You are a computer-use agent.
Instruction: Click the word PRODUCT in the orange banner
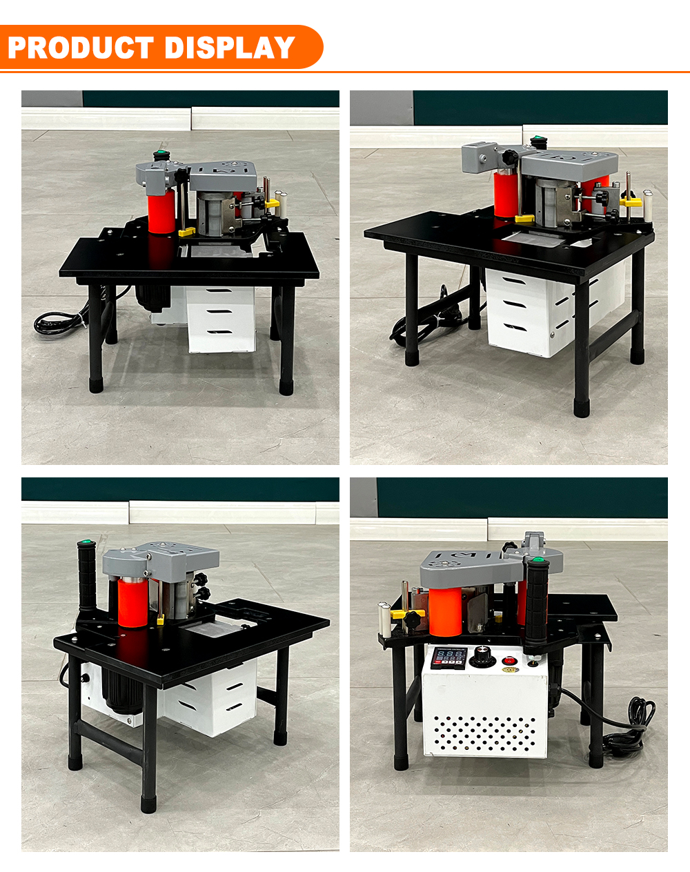point(81,48)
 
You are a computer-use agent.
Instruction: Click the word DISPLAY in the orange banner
point(230,48)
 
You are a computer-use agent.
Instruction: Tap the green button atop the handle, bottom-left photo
point(86,542)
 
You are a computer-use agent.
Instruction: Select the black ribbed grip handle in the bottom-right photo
point(536,606)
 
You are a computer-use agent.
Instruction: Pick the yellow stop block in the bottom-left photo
point(161,620)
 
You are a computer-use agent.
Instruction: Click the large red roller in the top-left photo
point(161,212)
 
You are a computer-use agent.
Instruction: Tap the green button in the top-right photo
point(538,139)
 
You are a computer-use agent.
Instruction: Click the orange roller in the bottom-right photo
point(445,612)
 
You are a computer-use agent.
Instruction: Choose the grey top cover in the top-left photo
point(224,175)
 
